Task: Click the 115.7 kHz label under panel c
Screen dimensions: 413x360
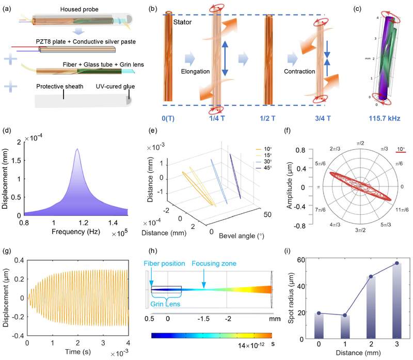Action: tap(384, 118)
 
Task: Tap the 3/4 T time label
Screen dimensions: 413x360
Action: tap(323, 118)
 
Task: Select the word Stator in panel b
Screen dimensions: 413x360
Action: tap(182, 22)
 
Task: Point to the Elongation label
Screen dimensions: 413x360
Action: tap(195, 71)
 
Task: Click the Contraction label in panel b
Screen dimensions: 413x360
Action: tap(299, 71)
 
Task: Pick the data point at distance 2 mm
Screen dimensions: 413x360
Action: tap(371, 276)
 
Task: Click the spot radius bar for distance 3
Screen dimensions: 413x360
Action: tap(397, 301)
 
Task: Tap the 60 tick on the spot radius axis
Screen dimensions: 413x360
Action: tap(301, 260)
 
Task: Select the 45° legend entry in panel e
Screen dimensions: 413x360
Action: tap(264, 168)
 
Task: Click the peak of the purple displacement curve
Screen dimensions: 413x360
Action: tap(77, 149)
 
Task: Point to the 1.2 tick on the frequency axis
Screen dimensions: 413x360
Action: tap(83, 223)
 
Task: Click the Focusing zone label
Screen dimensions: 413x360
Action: tap(214, 263)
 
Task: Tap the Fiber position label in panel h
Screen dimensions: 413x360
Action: tap(164, 263)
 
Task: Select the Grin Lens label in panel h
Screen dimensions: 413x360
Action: tap(165, 304)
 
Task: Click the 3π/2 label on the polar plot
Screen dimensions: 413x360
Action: tap(360, 230)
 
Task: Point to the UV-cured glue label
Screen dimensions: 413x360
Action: tap(115, 86)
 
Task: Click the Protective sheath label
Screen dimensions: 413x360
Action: tap(60, 86)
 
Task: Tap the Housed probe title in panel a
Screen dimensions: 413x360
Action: tap(80, 9)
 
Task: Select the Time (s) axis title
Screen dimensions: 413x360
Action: tap(78, 352)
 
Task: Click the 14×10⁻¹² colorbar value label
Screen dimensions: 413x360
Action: tap(251, 345)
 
